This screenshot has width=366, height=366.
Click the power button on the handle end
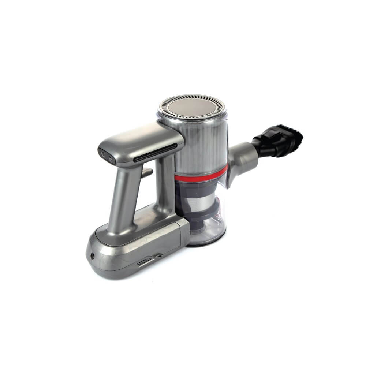click(103, 155)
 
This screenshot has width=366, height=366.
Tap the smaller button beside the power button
click(111, 158)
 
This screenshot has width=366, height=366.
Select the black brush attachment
click(278, 141)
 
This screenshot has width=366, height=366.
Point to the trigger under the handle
click(146, 172)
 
